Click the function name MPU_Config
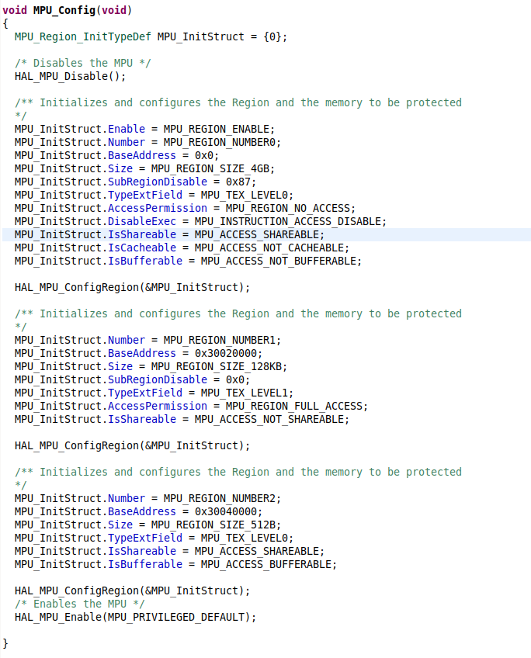click(64, 10)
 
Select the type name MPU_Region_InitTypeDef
click(83, 37)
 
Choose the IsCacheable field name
click(142, 248)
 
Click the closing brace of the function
click(5, 643)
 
